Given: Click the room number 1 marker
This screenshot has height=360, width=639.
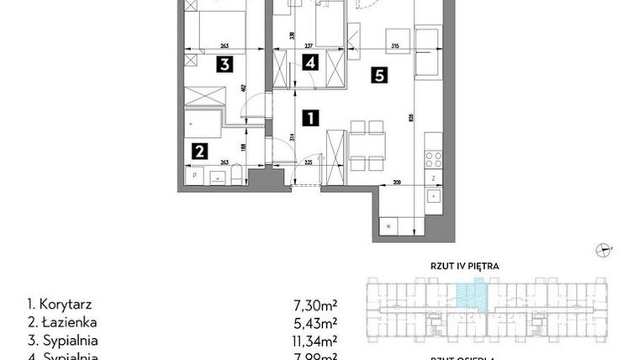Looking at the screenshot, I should pos(310,118).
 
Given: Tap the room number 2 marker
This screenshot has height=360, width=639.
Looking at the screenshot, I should pos(199,151).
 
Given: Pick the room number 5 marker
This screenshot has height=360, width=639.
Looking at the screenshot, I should pos(380,76).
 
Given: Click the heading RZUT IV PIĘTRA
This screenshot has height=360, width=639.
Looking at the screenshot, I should pos(466,266).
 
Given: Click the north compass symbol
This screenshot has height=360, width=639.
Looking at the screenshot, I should pos(604,249).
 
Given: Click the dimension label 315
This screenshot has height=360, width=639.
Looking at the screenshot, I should pos(393,46).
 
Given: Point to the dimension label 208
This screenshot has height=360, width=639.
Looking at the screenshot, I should pos(396,182).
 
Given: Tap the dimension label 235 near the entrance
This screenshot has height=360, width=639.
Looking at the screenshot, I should pos(309,161).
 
